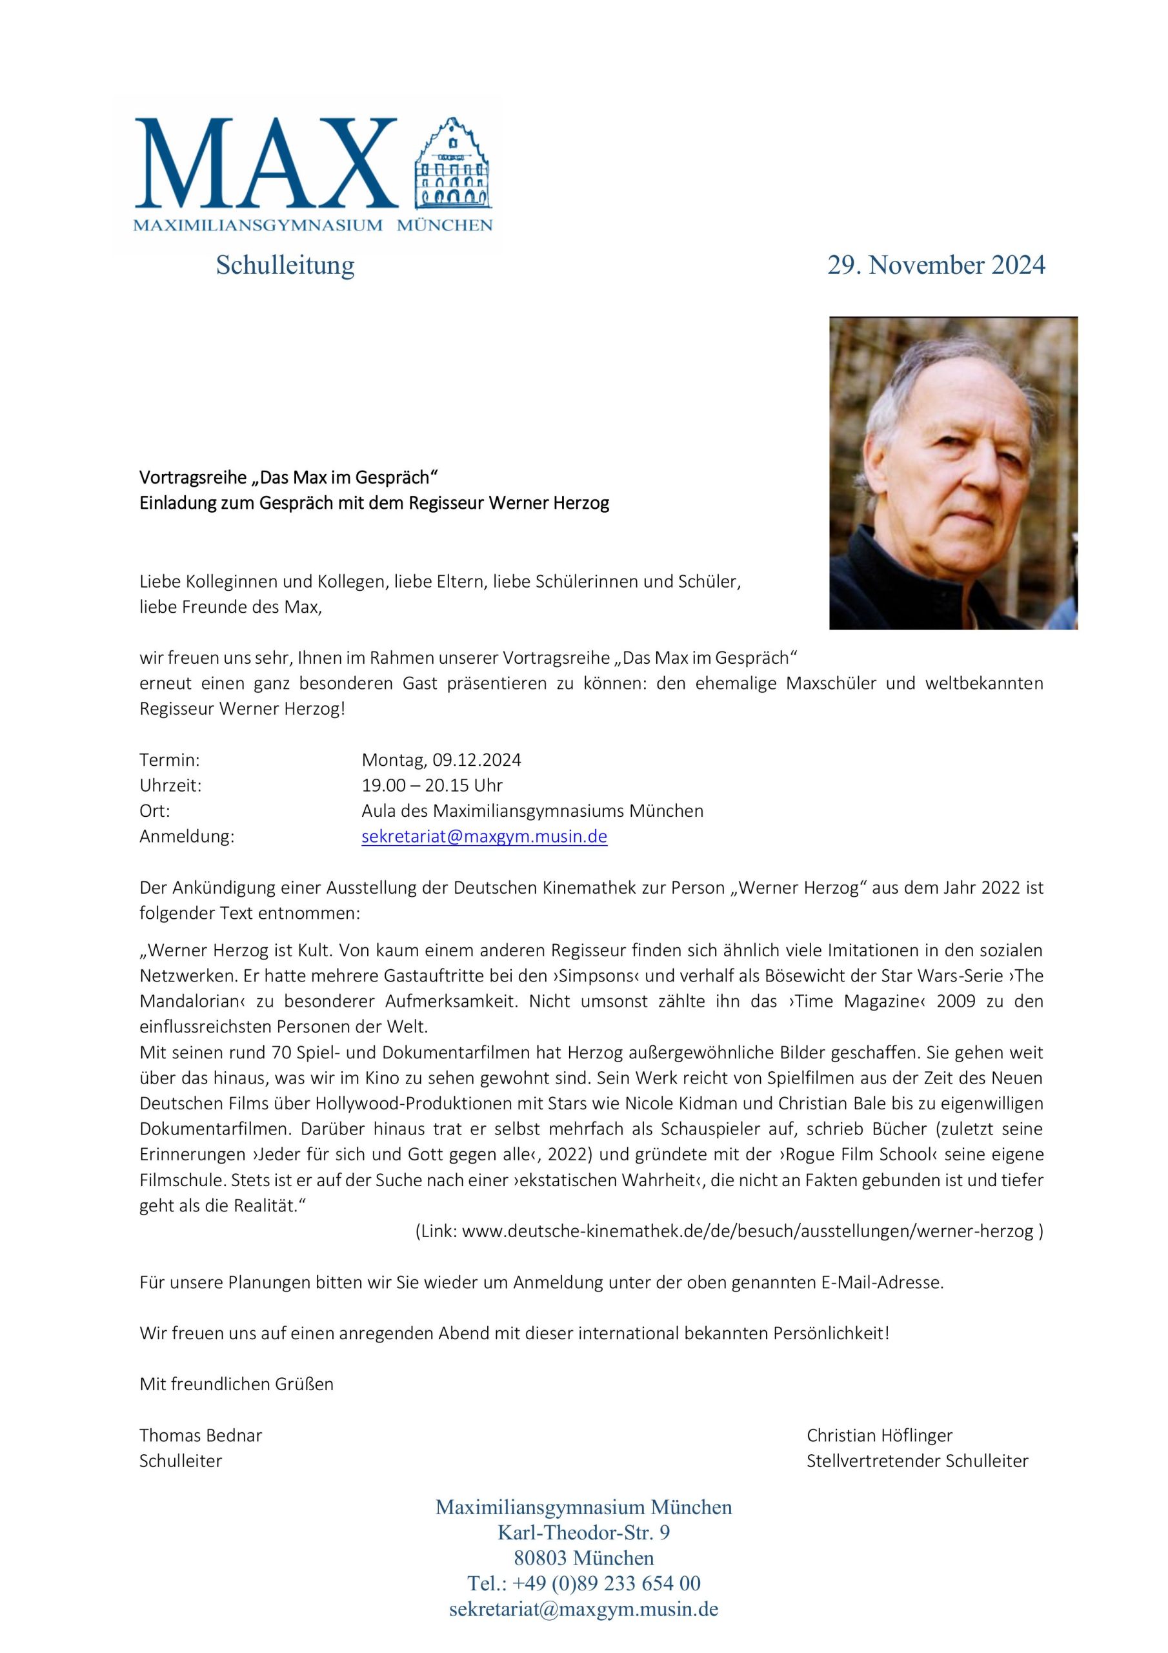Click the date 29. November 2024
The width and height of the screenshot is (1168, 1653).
[x=936, y=265]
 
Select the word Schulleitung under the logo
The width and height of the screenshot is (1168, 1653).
[x=285, y=265]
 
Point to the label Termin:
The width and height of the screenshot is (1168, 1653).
[x=169, y=759]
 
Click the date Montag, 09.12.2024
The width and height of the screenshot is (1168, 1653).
[x=441, y=759]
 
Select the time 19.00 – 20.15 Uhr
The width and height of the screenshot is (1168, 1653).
[x=432, y=785]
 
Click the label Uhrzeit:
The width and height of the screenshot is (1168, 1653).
[x=170, y=785]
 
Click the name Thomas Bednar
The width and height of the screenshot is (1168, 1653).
[x=201, y=1435]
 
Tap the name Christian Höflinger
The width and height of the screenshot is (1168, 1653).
[x=880, y=1435]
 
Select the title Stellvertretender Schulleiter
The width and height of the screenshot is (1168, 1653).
[x=917, y=1461]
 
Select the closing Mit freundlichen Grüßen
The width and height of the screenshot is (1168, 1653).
[x=237, y=1384]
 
